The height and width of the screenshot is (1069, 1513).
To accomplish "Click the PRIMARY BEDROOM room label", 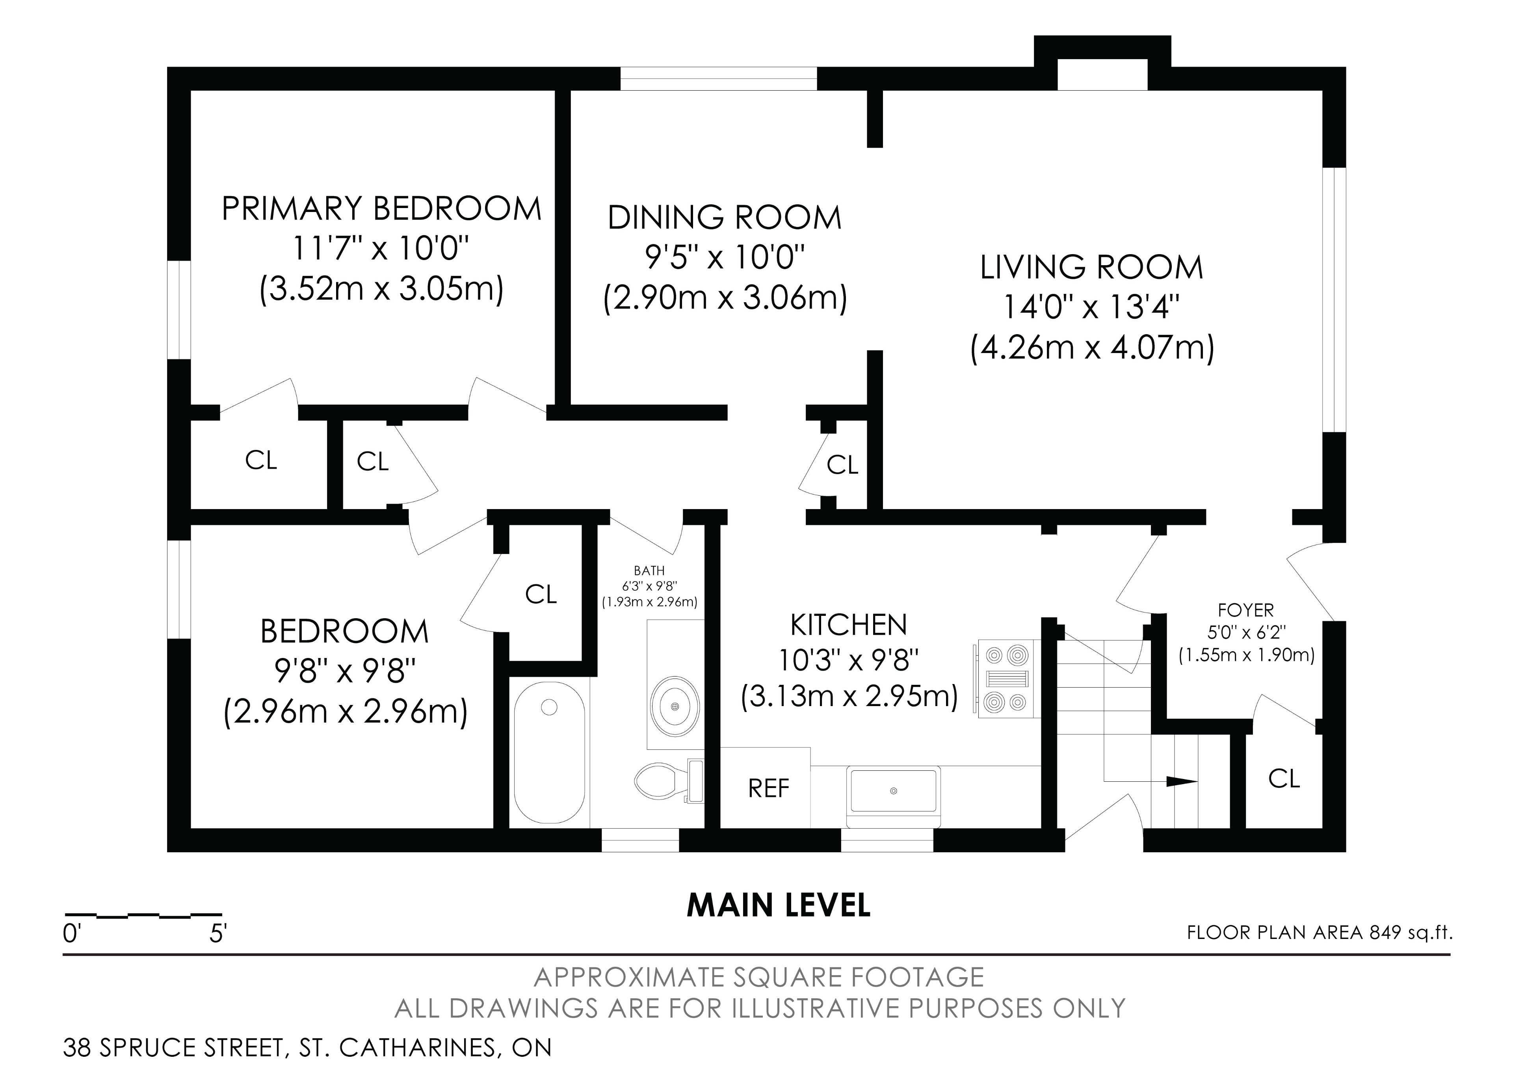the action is pos(381,208).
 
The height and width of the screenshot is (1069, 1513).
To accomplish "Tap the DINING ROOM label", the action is pos(725,218).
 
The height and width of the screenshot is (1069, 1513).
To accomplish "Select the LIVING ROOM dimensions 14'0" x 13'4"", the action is pos(1091,307).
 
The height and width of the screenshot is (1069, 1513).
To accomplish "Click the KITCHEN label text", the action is pos(849,625).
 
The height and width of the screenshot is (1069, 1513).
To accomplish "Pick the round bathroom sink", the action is pos(675,705).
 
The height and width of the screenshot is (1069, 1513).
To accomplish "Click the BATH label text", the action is pos(649,571).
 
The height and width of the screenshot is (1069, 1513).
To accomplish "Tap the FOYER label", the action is pos(1245,610).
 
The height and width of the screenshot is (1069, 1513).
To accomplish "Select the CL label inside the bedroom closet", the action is pos(541,595).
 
